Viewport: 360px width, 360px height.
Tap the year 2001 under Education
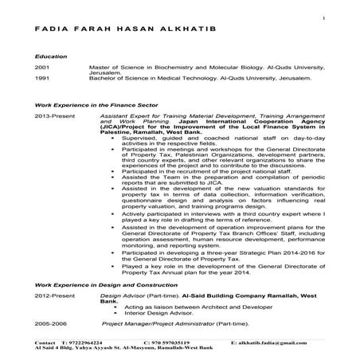point(41,70)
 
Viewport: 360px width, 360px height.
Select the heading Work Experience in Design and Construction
point(103,284)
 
